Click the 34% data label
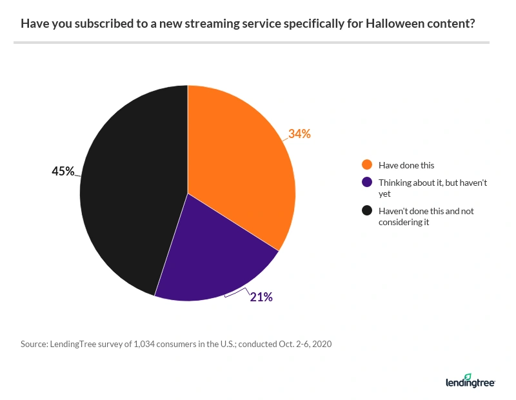point(299,134)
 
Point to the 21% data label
point(261,297)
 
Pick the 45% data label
point(63,171)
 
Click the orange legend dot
point(368,164)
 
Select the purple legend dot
point(368,183)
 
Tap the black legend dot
point(368,211)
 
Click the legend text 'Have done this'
point(406,164)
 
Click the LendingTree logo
point(470,381)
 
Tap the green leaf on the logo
point(468,375)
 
